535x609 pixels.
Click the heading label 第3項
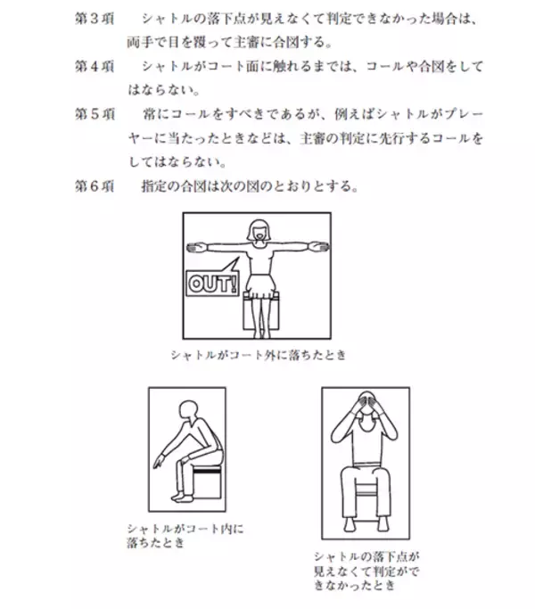pyautogui.click(x=95, y=19)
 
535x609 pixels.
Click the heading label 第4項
pyautogui.click(x=95, y=66)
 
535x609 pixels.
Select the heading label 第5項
pyautogui.click(x=95, y=114)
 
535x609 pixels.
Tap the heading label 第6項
pyautogui.click(x=95, y=186)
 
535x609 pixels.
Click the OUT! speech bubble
pyautogui.click(x=212, y=280)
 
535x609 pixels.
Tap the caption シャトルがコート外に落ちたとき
pyautogui.click(x=258, y=355)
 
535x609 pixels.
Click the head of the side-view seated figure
pyautogui.click(x=188, y=410)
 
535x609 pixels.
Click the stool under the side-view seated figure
pyautogui.click(x=207, y=481)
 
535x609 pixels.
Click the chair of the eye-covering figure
pyautogui.click(x=366, y=490)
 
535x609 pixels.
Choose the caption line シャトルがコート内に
pyautogui.click(x=185, y=529)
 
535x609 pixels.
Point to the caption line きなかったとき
pyautogui.click(x=354, y=585)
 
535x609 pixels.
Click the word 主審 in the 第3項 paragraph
pyautogui.click(x=245, y=42)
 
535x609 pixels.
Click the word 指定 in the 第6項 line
pyautogui.click(x=154, y=186)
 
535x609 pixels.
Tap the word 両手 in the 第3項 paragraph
pyautogui.click(x=141, y=42)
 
